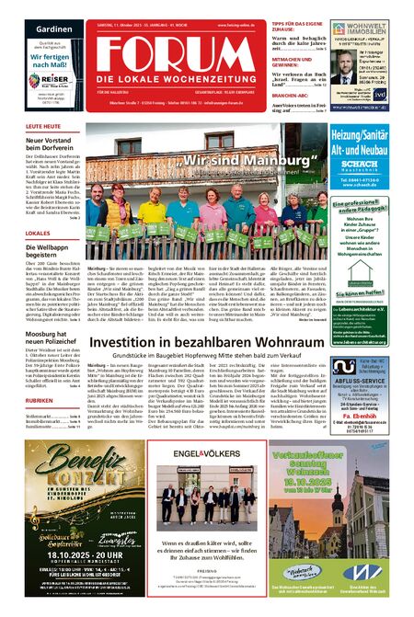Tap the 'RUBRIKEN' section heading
[x=41, y=375]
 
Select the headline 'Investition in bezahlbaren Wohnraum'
[x=209, y=342]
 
